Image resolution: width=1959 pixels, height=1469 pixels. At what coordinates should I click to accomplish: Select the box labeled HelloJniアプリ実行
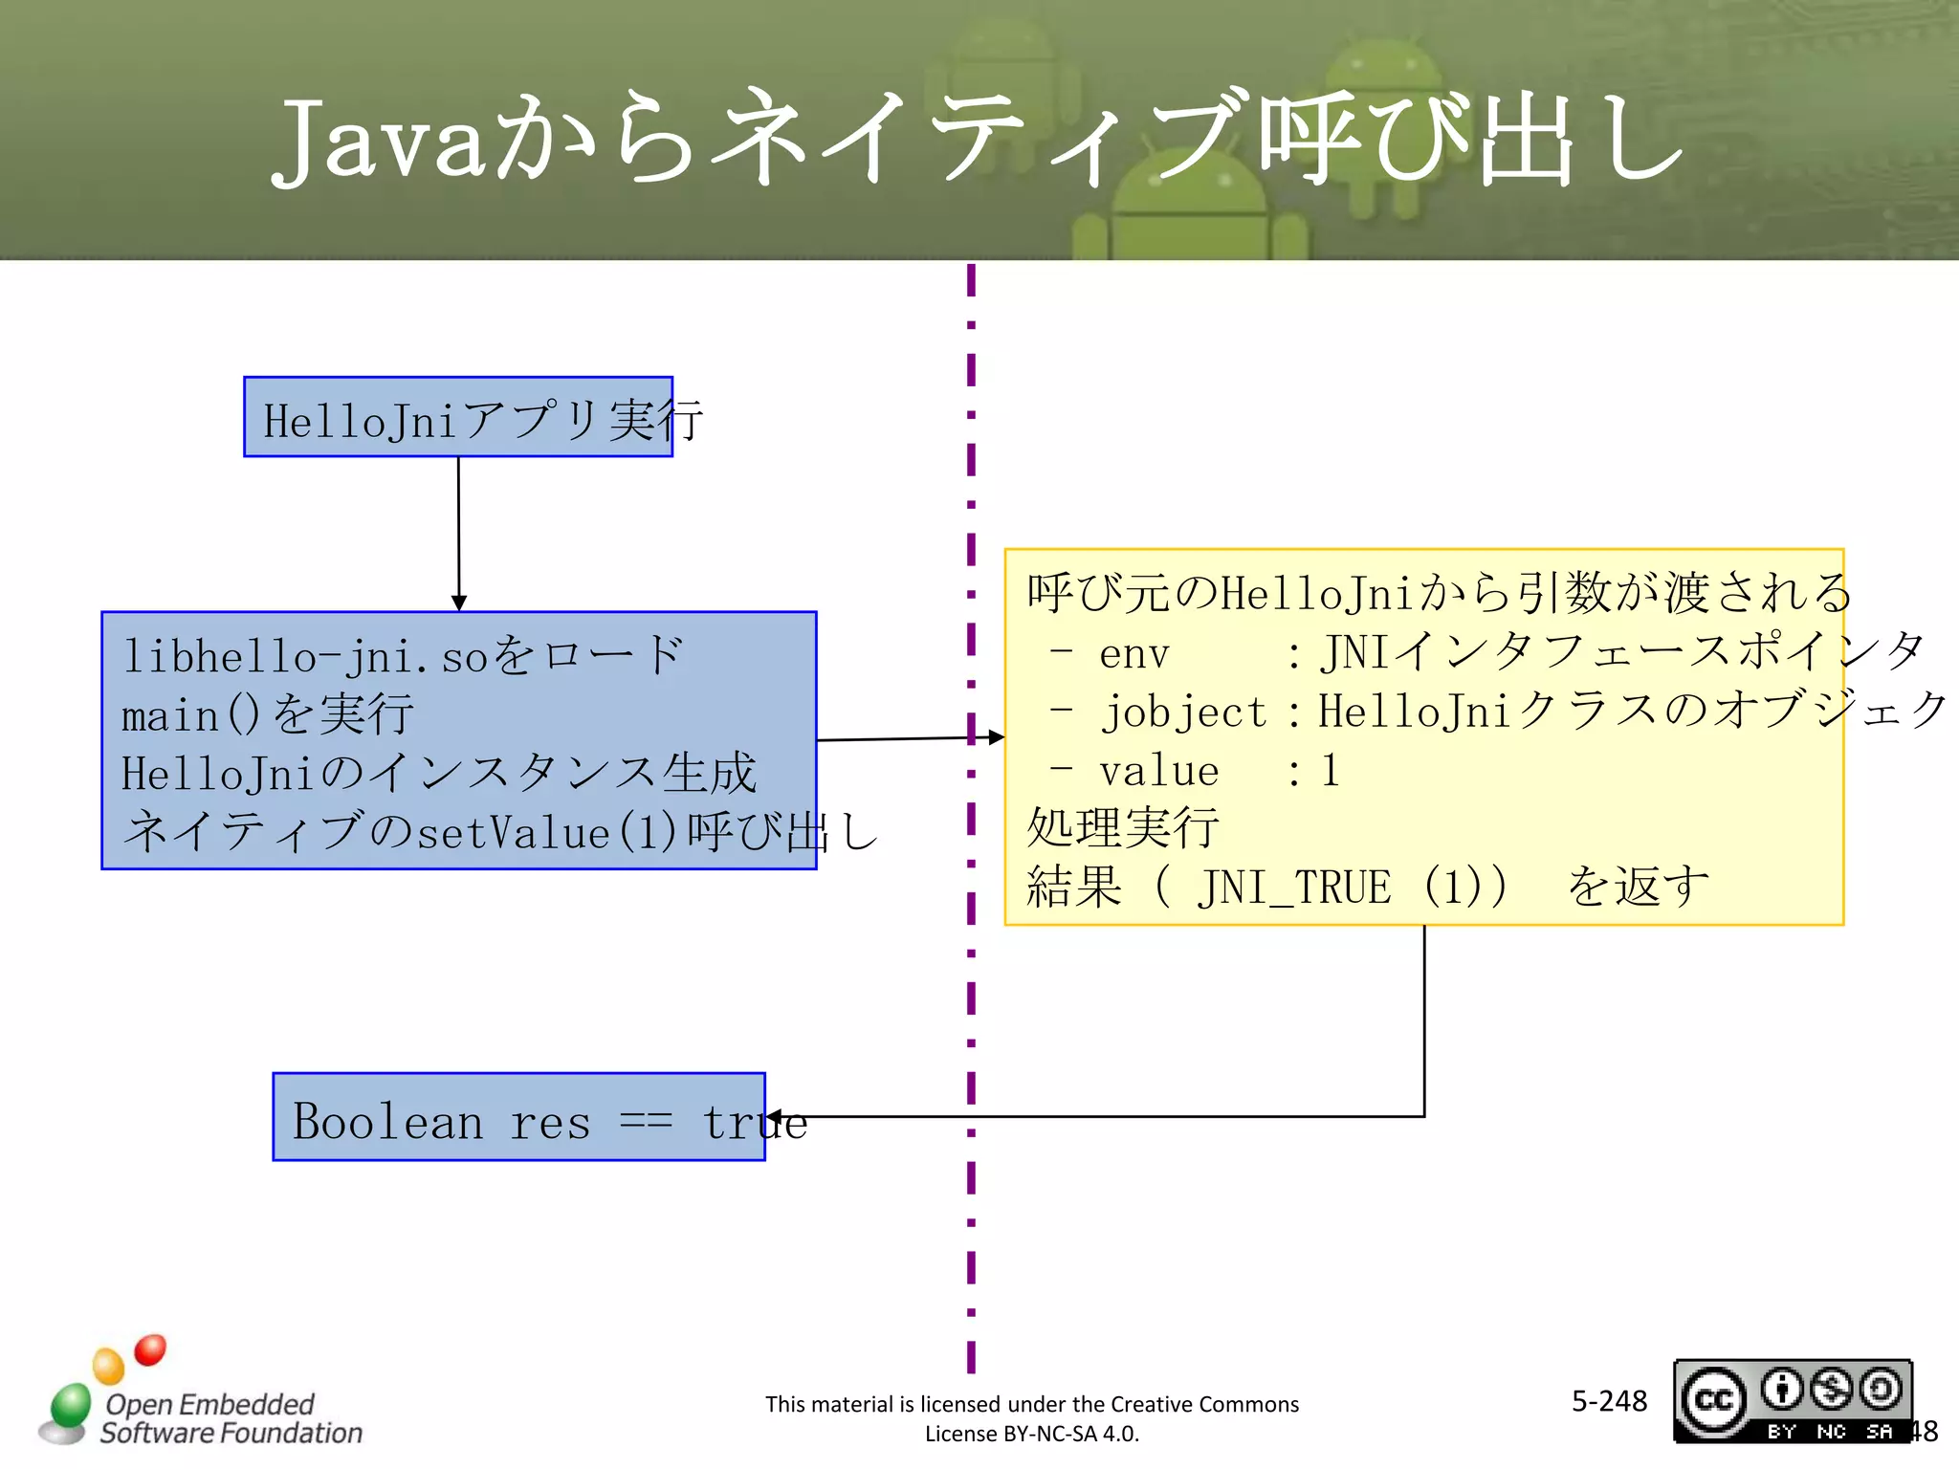[x=458, y=418]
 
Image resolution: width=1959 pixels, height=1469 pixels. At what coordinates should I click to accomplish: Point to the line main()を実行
[x=268, y=714]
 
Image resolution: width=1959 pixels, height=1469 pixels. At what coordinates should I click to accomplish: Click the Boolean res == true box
[x=518, y=1117]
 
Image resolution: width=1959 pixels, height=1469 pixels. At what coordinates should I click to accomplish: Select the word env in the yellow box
[x=1134, y=654]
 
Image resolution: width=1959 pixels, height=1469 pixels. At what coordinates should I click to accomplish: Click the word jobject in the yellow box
[x=1184, y=713]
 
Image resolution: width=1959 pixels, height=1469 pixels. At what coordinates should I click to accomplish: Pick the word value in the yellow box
[x=1158, y=771]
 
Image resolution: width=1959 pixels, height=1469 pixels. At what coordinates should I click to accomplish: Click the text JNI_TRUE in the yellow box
[x=1293, y=888]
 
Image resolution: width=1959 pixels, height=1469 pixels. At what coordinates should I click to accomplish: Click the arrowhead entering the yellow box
[x=996, y=737]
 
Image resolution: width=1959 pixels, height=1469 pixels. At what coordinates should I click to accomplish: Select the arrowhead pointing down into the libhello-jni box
[x=459, y=603]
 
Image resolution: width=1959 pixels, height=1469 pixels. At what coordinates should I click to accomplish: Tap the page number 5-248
[x=1609, y=1401]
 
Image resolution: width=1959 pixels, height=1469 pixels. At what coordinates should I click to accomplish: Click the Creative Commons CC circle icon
[x=1713, y=1400]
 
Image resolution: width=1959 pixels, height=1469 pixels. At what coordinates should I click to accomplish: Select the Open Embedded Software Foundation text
[x=231, y=1418]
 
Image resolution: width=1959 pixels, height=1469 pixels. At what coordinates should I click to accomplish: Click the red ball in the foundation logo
[x=150, y=1349]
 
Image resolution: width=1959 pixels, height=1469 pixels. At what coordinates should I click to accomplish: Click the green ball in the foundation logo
[x=70, y=1405]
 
